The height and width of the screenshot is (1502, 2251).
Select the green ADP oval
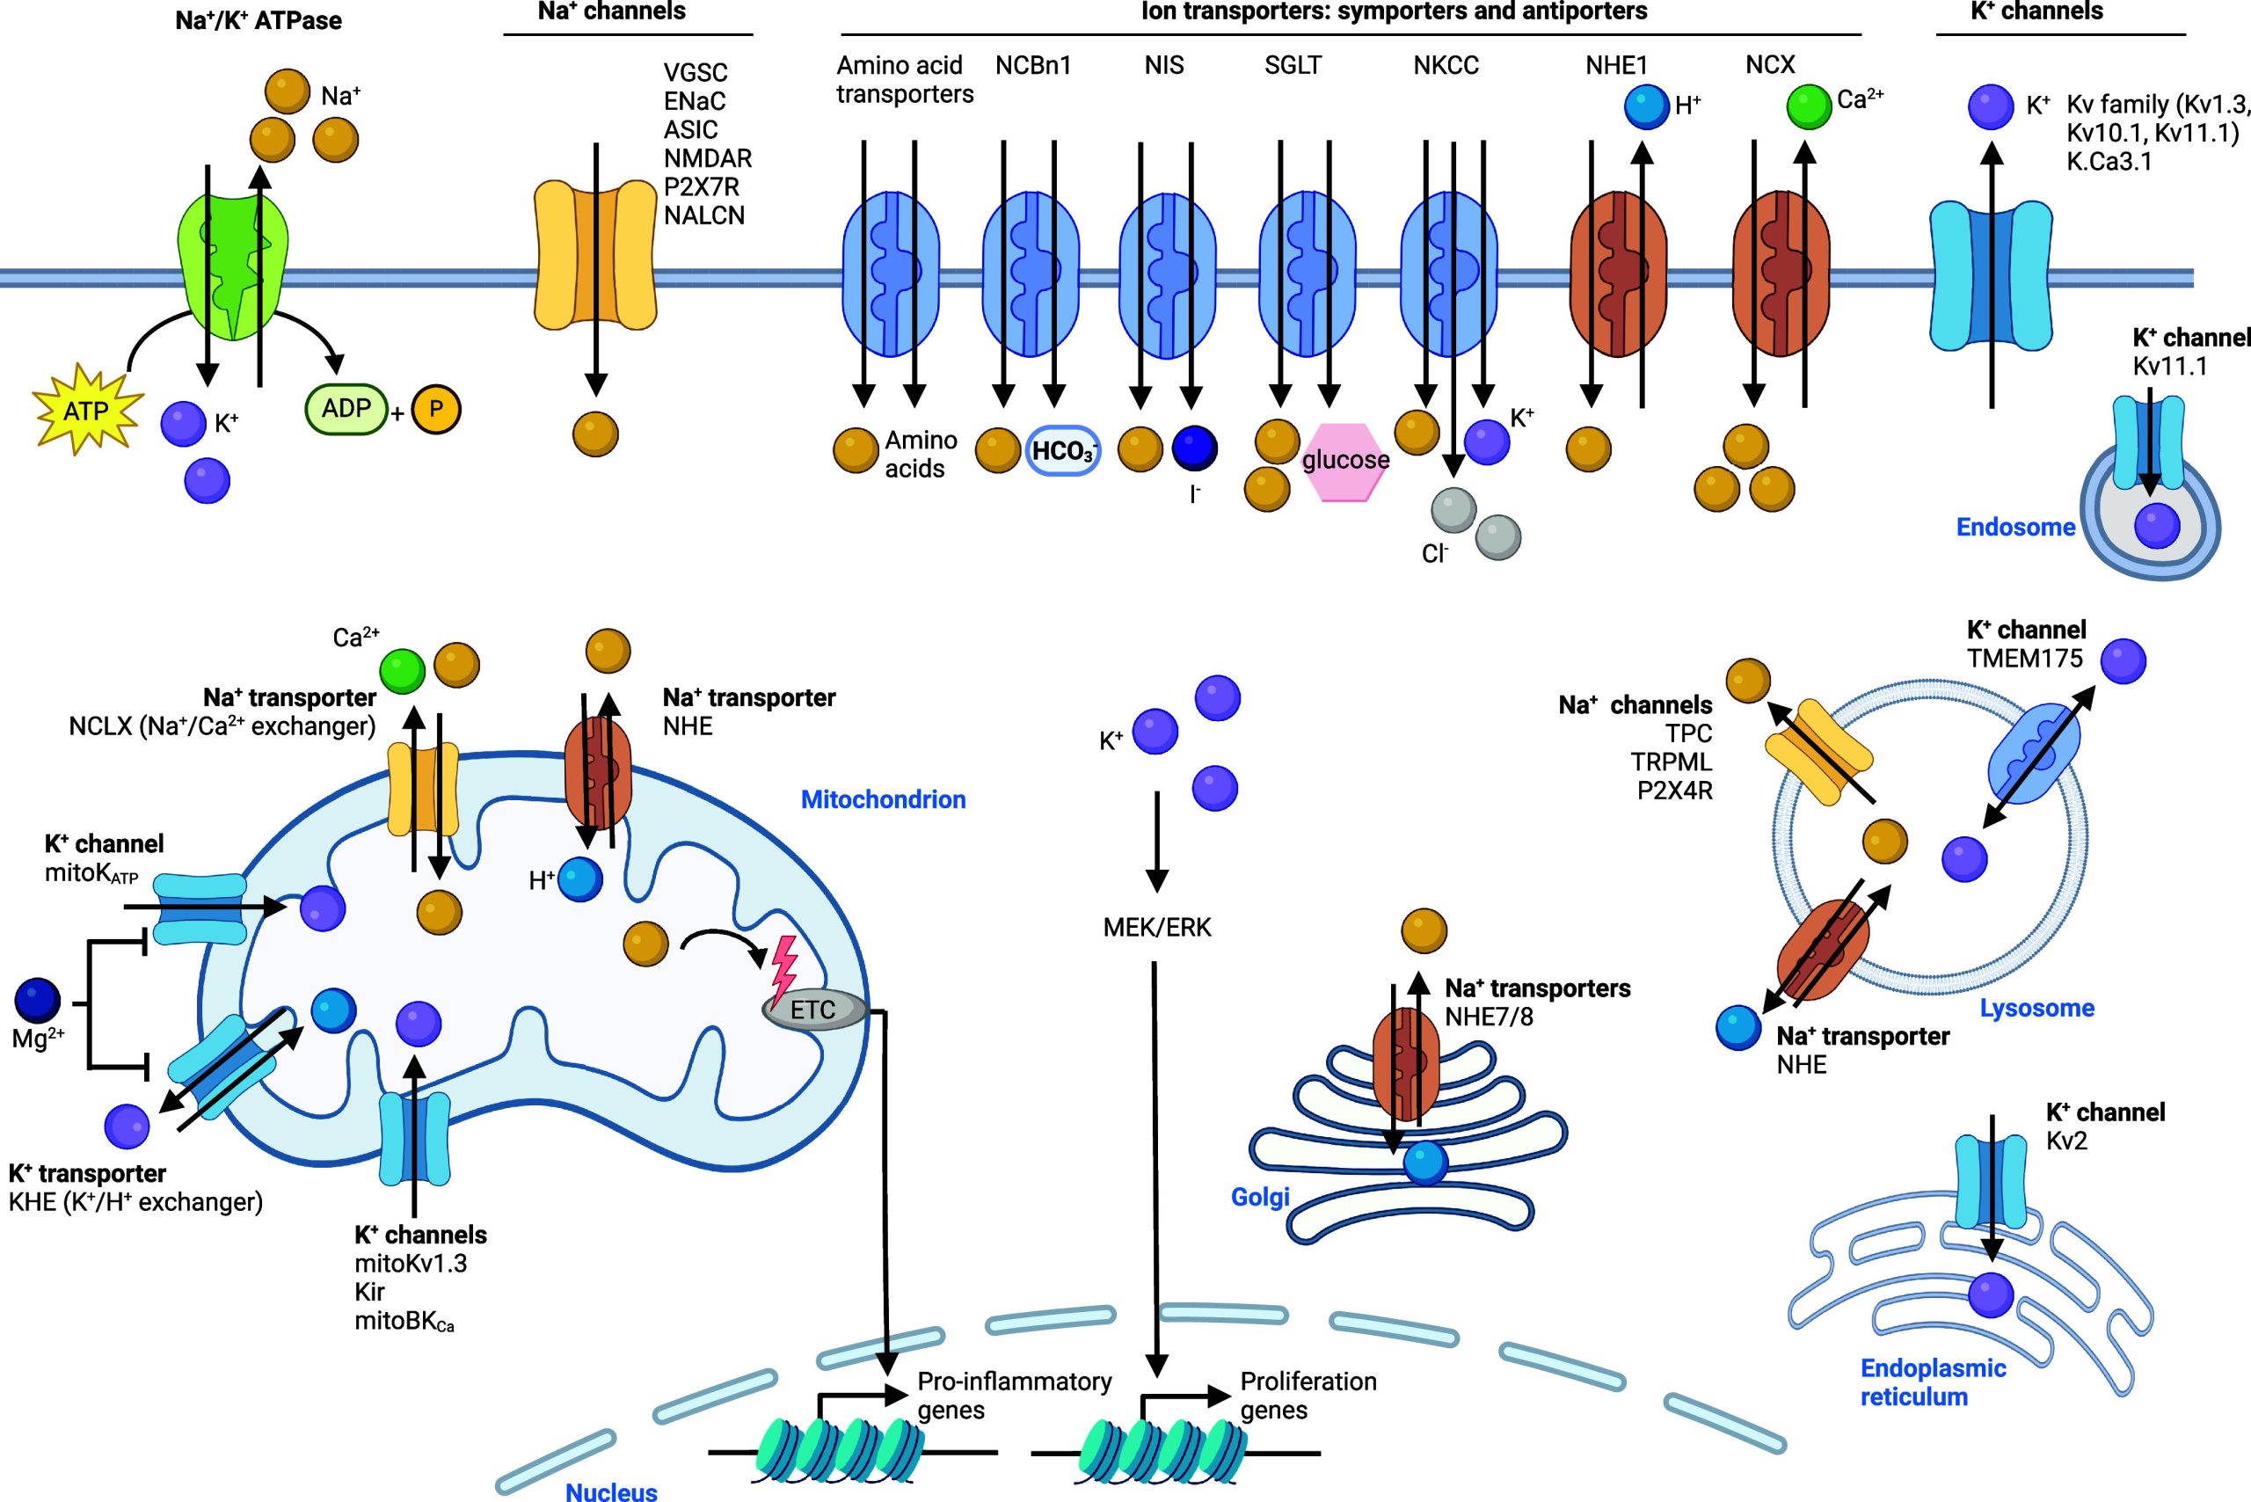tap(346, 409)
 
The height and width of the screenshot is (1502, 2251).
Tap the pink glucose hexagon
tap(1344, 461)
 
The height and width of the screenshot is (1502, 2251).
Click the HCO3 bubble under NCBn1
tap(1062, 450)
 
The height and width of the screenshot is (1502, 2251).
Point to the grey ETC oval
tap(813, 1010)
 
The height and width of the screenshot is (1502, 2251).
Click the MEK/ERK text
tap(1157, 927)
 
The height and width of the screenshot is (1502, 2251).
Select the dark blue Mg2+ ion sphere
tap(39, 1000)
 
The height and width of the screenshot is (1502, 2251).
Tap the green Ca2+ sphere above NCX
tap(1810, 106)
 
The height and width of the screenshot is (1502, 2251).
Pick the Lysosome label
tap(2036, 1008)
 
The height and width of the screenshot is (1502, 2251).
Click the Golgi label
tap(1260, 1197)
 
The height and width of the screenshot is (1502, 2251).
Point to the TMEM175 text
tap(2024, 659)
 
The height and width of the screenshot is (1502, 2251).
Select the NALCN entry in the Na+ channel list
tap(703, 215)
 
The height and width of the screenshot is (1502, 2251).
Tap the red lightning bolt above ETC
tap(783, 966)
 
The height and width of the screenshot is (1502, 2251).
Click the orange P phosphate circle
tap(436, 410)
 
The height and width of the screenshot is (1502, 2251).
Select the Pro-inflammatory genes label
tap(1014, 1395)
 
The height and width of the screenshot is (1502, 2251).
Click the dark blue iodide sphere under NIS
tap(1194, 448)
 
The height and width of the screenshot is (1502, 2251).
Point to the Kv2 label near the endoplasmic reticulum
tap(2066, 1141)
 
